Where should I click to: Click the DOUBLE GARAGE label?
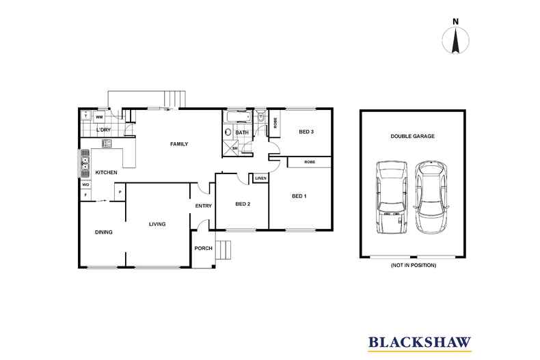(x=412, y=136)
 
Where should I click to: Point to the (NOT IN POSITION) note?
(x=412, y=264)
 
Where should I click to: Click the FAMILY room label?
(x=179, y=144)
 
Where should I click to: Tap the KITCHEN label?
(x=106, y=172)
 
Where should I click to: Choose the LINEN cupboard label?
(x=260, y=178)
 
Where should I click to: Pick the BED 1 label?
(x=299, y=197)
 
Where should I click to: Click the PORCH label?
(x=203, y=248)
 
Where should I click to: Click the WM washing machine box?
(x=99, y=117)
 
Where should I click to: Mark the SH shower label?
(x=234, y=148)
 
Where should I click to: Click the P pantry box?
(x=120, y=192)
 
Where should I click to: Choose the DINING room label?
(x=103, y=232)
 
